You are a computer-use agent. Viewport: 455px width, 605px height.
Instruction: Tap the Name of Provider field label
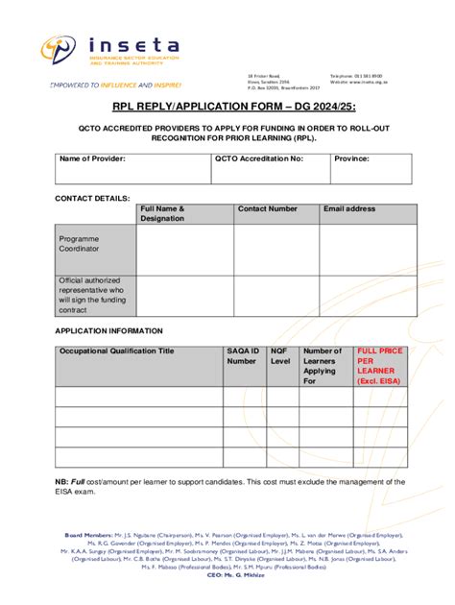[92, 158]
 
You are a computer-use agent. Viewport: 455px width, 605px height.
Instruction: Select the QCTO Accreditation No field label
[258, 158]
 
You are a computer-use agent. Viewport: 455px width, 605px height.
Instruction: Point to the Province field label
[351, 158]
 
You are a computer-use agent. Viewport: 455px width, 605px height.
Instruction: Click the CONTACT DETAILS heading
[92, 197]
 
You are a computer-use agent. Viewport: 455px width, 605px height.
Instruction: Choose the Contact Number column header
[268, 208]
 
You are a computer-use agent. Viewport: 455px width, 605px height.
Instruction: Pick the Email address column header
[349, 208]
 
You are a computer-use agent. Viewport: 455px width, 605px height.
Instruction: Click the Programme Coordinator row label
[79, 243]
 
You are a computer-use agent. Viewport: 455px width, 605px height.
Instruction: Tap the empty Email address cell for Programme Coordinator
[368, 250]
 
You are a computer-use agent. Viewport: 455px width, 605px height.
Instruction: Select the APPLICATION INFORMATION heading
[108, 329]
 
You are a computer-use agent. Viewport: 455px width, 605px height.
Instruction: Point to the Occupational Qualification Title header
[117, 351]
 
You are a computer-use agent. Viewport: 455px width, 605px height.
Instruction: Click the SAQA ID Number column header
[243, 356]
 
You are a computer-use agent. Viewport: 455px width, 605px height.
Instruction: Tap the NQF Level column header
[280, 356]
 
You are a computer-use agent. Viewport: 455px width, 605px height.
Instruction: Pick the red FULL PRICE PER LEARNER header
[378, 366]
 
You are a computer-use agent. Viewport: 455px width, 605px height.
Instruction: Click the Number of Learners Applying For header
[323, 366]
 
